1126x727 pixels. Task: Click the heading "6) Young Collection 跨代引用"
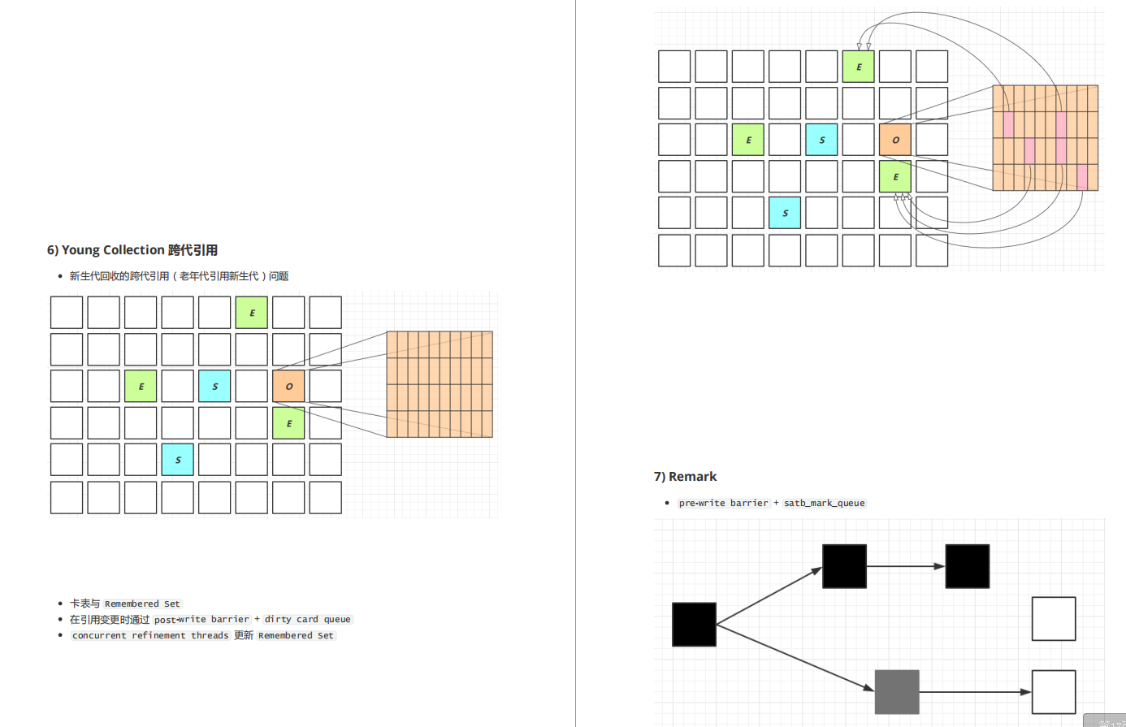132,250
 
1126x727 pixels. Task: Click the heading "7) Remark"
686,477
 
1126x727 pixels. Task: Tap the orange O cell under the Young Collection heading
288,386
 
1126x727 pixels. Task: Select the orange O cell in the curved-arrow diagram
895,140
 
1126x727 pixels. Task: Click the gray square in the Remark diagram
897,692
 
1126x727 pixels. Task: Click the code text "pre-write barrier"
723,504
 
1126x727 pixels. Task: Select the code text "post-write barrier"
201,620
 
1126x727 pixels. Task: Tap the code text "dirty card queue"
307,620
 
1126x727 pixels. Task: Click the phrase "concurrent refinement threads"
150,636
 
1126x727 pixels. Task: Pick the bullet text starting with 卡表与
125,604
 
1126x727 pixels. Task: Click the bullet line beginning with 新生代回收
179,276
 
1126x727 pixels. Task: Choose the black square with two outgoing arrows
694,625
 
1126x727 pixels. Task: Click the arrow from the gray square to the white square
975,692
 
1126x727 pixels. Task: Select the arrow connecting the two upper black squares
905,566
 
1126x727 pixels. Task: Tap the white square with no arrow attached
1054,619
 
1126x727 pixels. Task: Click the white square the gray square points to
1054,692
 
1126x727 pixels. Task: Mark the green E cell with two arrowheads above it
858,67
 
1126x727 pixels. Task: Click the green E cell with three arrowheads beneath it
895,176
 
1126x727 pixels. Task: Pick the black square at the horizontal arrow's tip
967,566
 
